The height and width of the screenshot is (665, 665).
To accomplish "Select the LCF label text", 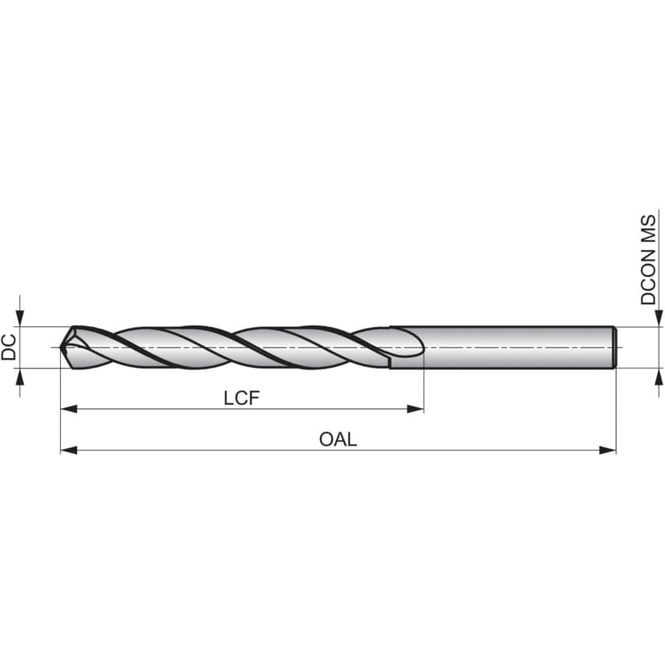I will pyautogui.click(x=241, y=398).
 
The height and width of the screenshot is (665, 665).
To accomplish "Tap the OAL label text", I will pyautogui.click(x=338, y=439).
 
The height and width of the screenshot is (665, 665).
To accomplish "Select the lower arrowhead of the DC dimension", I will pyautogui.click(x=20, y=377).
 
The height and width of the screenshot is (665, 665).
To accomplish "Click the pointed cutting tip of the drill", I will pyautogui.click(x=64, y=347).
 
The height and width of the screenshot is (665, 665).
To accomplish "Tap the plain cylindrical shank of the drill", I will pyautogui.click(x=514, y=347).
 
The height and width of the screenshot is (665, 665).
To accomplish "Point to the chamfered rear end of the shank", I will pyautogui.click(x=615, y=347).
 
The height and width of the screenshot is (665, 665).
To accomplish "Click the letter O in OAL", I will pyautogui.click(x=326, y=439).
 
